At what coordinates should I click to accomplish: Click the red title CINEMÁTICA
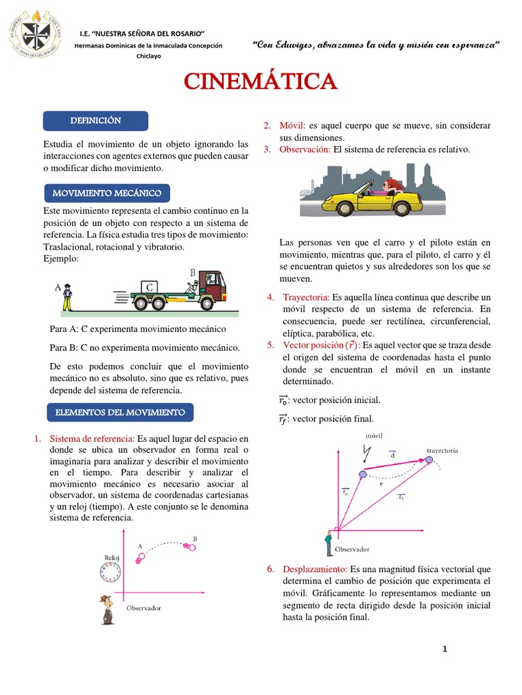[261, 81]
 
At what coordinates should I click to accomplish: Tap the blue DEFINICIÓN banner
[95, 121]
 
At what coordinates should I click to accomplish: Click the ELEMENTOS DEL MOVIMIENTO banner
[120, 412]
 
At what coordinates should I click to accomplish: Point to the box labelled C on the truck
[149, 288]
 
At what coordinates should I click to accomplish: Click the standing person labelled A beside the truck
[67, 297]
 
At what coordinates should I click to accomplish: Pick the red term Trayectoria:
[306, 297]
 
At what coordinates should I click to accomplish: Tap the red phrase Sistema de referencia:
[92, 439]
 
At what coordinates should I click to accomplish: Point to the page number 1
[445, 650]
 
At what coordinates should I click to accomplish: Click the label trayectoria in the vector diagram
[442, 450]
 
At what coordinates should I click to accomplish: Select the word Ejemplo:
[60, 259]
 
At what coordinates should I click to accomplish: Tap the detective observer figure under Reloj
[106, 609]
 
